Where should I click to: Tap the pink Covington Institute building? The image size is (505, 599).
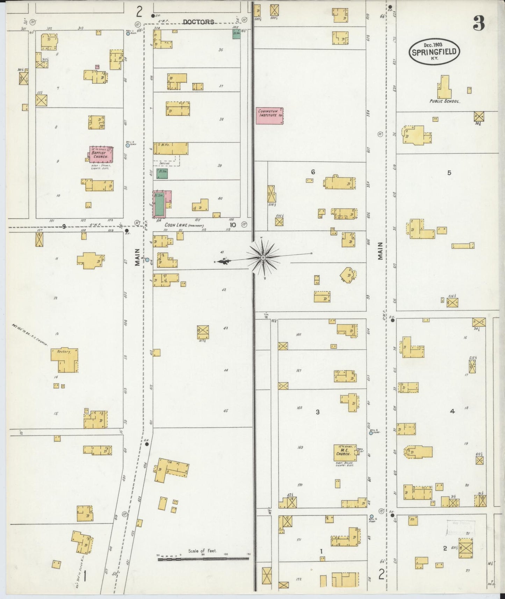click(269, 116)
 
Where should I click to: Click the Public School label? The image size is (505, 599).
click(445, 101)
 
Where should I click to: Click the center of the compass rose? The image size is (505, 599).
click(262, 258)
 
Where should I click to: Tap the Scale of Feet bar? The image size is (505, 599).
click(203, 559)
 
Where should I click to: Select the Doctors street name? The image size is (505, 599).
click(199, 22)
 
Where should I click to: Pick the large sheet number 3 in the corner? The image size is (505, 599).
click(479, 24)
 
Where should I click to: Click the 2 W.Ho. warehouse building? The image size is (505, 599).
click(171, 148)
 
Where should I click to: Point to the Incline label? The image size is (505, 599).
click(165, 163)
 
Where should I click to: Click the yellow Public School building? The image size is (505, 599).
click(444, 87)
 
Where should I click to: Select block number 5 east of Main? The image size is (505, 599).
click(449, 173)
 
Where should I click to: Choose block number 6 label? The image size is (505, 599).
click(313, 172)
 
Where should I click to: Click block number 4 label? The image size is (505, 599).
click(452, 411)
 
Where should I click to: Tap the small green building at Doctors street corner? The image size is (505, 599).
click(236, 34)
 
